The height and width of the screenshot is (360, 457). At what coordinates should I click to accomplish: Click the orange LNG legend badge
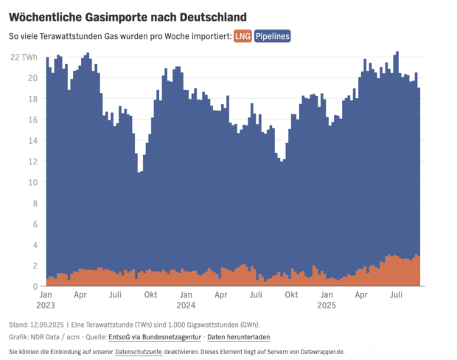(243, 36)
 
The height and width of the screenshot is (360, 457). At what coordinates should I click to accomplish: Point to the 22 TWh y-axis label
(24, 57)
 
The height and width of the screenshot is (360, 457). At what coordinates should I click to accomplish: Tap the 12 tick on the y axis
(34, 182)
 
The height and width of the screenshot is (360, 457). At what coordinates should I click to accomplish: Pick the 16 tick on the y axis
(34, 120)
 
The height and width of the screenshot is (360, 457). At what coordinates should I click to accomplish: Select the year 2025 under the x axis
(327, 305)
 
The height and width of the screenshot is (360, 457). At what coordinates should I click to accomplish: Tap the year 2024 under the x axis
(186, 305)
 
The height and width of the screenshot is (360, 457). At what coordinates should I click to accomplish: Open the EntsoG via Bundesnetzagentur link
(153, 336)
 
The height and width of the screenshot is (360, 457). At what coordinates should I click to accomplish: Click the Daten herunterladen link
(238, 336)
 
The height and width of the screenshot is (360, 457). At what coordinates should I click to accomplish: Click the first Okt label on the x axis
(150, 294)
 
